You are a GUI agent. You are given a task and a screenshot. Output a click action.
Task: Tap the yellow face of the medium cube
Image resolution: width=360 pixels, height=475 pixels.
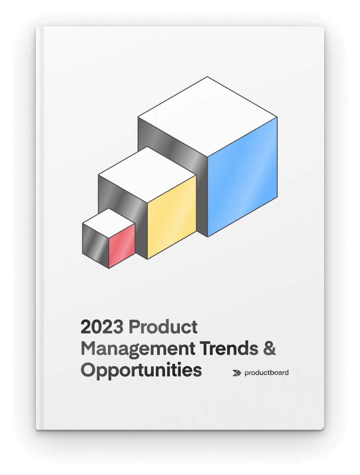[172, 217]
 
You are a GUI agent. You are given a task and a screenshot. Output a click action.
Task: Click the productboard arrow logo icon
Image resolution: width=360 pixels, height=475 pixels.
[237, 373]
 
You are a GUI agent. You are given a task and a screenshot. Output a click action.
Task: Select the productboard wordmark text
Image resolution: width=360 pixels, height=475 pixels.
[266, 372]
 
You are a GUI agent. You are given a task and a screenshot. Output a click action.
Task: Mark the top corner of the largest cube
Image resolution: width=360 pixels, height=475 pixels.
[207, 77]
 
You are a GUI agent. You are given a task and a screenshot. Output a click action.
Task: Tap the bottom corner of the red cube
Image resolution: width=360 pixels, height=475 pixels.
[109, 268]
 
